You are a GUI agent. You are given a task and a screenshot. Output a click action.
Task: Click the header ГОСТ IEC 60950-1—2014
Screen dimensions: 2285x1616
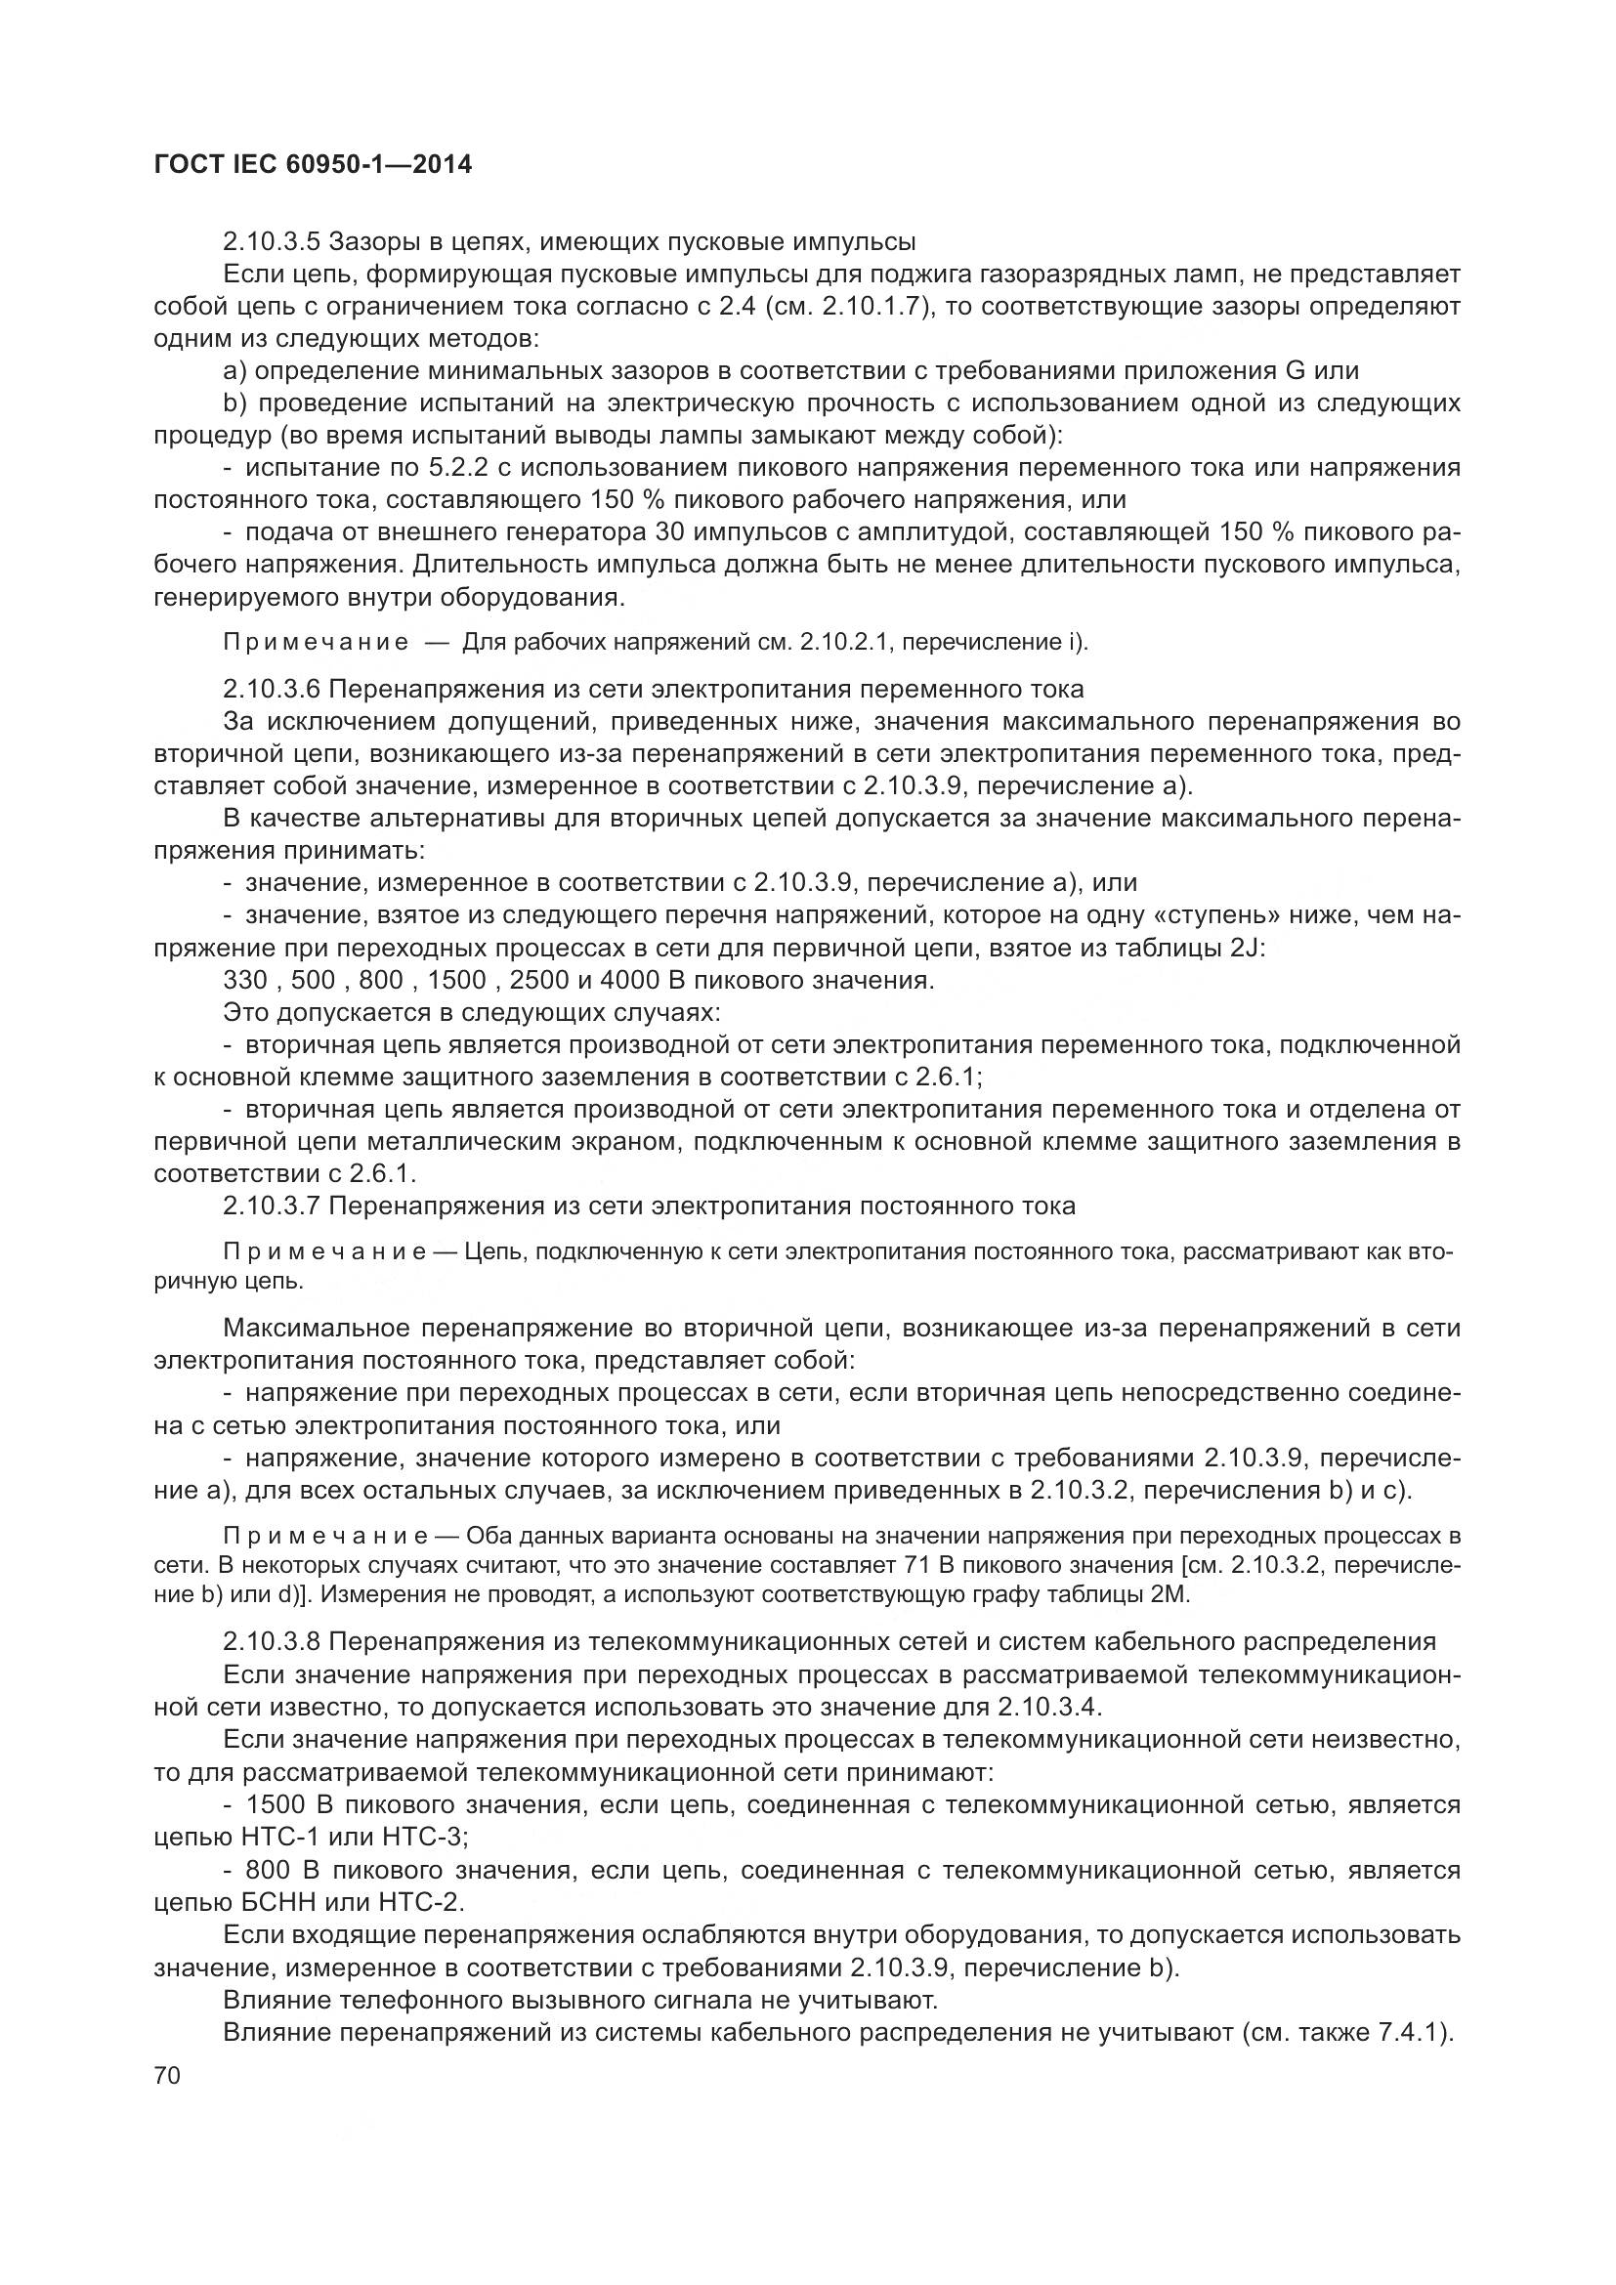tap(314, 165)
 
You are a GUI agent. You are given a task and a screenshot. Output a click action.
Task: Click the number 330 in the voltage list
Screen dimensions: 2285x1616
tap(245, 980)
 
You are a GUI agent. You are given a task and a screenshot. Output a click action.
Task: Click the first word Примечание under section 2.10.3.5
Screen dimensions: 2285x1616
tap(316, 643)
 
